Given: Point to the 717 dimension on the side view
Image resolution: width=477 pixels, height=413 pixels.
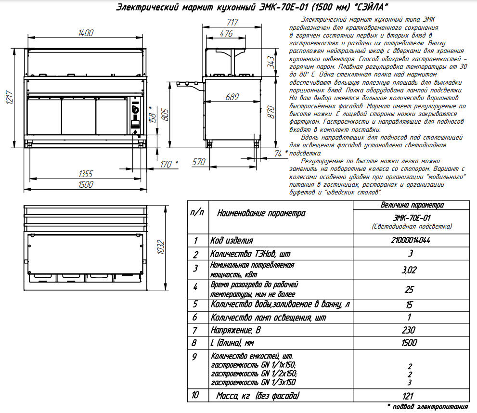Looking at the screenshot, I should pyautogui.click(x=232, y=21).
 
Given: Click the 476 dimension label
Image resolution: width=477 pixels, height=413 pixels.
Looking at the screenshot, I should pyautogui.click(x=226, y=34).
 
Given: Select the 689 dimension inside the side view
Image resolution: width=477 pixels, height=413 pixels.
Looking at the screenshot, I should pyautogui.click(x=232, y=97).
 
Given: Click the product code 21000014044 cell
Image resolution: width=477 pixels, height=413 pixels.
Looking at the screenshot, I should pyautogui.click(x=412, y=240).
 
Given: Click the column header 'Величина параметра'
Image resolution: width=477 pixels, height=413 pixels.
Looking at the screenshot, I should pyautogui.click(x=412, y=205).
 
